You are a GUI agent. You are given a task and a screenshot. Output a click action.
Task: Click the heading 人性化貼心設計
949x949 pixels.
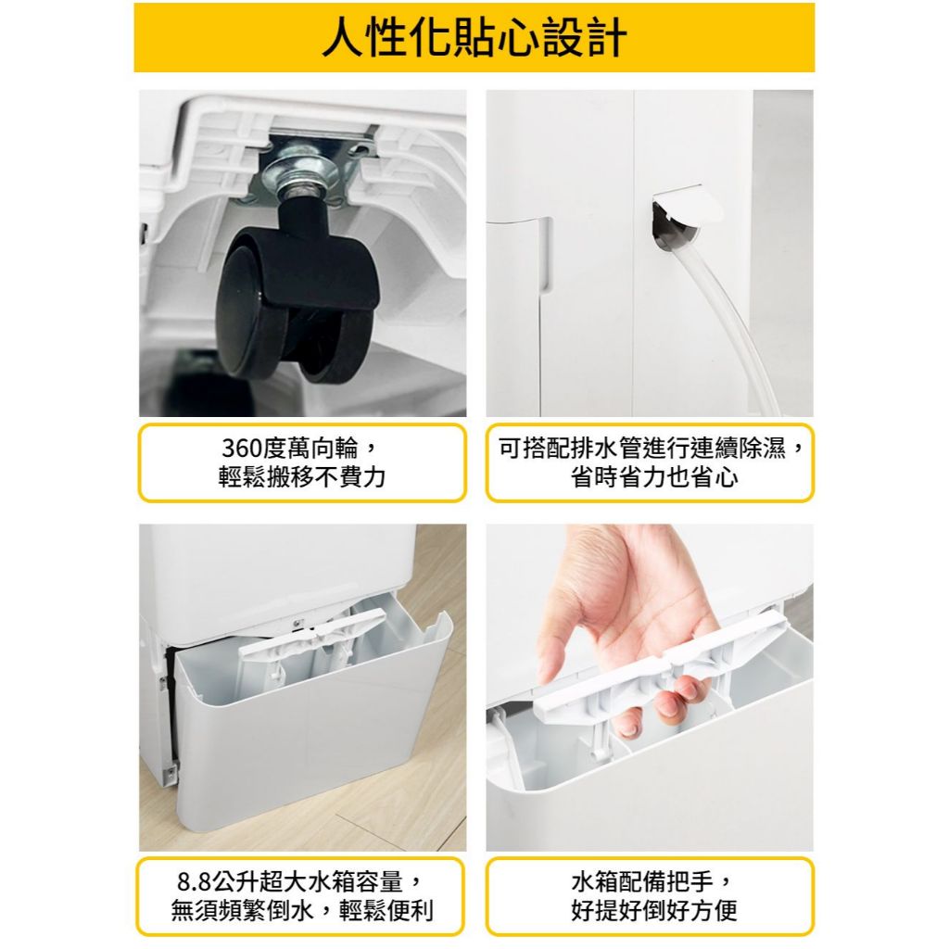[x=474, y=37]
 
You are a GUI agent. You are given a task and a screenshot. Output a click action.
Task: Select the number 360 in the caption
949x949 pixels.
[x=244, y=449]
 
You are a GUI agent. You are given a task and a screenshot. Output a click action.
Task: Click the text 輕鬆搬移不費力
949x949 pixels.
[x=302, y=477]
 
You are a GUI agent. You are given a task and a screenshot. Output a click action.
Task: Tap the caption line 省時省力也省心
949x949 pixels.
[x=655, y=477]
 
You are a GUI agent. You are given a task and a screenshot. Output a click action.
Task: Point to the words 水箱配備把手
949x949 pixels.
[x=642, y=882]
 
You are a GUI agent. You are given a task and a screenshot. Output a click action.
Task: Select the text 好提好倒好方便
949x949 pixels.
[x=654, y=911]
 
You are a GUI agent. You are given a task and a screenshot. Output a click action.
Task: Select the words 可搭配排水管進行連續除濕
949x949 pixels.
[x=642, y=449]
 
